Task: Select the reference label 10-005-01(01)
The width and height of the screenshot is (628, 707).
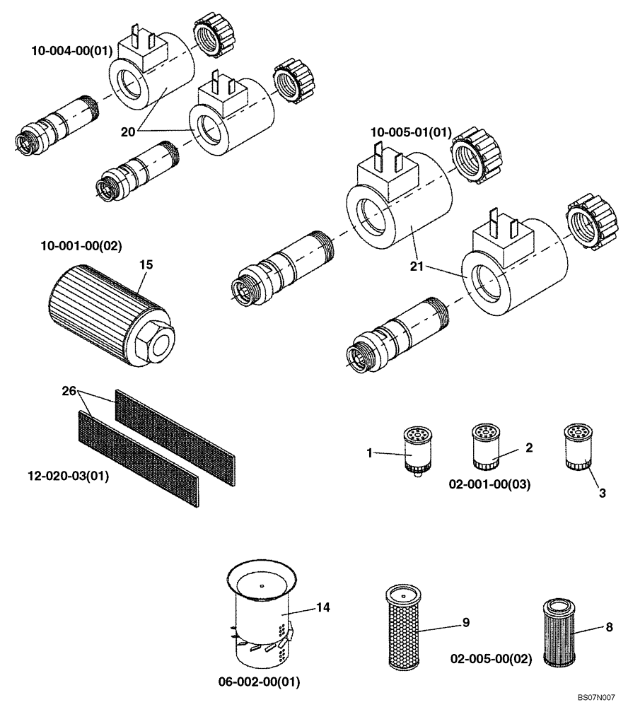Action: (x=411, y=133)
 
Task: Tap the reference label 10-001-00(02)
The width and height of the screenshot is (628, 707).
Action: (x=81, y=247)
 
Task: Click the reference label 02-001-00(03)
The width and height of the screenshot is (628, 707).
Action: (x=490, y=484)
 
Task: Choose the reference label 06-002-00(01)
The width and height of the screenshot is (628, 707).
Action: (x=260, y=682)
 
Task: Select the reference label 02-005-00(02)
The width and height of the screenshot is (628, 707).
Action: (x=491, y=659)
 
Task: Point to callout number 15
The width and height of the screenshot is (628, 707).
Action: (x=146, y=264)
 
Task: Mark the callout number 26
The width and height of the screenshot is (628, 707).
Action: (x=68, y=390)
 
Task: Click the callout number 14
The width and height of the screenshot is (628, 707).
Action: (x=322, y=607)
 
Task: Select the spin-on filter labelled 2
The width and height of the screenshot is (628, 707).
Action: (x=486, y=448)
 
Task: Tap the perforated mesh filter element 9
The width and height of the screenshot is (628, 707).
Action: (x=403, y=628)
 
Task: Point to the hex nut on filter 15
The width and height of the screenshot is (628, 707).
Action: (x=154, y=342)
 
